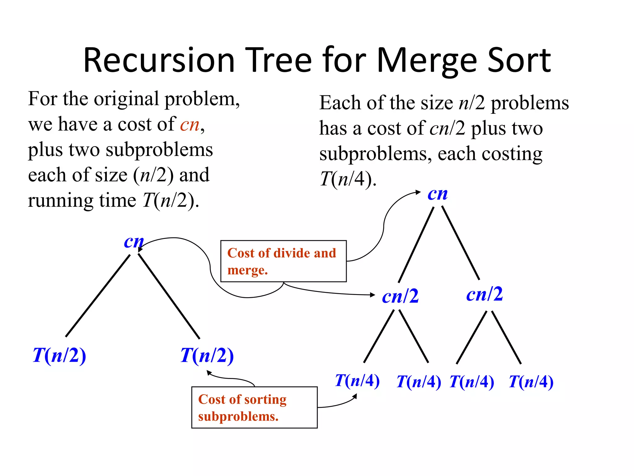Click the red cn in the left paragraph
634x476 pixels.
(x=190, y=125)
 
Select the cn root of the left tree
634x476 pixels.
(x=134, y=241)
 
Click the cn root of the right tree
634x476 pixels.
(x=437, y=194)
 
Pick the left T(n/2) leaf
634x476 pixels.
(x=59, y=355)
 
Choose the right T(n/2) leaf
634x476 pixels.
(x=207, y=355)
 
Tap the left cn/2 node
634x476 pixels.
(x=400, y=296)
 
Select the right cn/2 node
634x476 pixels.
(x=484, y=294)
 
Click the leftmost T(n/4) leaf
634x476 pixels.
(x=357, y=381)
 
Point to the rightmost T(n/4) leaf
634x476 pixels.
(x=531, y=382)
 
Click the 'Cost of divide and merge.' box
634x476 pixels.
(x=283, y=261)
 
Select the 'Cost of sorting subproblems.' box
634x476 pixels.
(x=254, y=407)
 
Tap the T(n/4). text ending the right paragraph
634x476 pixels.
(x=348, y=179)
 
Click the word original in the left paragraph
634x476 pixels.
(x=128, y=99)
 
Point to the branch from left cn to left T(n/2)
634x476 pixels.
(x=98, y=296)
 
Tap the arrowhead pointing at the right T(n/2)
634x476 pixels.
(x=209, y=373)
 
